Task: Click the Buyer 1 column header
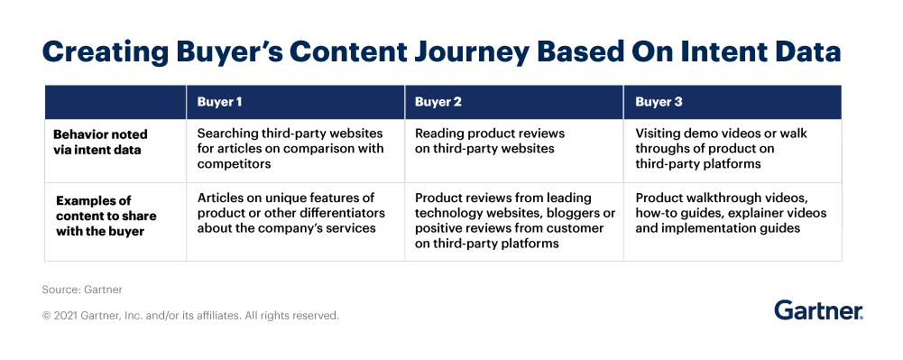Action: click(x=219, y=102)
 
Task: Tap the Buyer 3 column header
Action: click(x=659, y=102)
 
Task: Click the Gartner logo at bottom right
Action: click(x=818, y=310)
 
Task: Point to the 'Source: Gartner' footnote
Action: click(x=82, y=291)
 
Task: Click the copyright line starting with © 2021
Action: click(x=190, y=316)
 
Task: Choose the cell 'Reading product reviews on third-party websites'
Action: click(x=484, y=141)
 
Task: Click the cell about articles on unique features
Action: click(x=290, y=213)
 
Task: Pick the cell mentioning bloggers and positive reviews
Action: click(x=514, y=220)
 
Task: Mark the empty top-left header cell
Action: click(x=115, y=102)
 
